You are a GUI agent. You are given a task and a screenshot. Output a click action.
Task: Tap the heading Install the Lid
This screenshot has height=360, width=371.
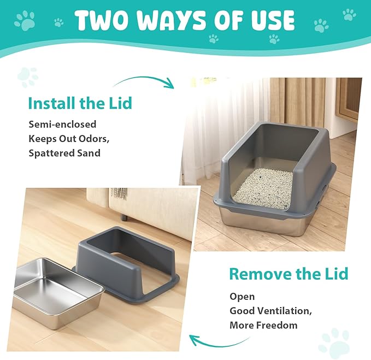80,103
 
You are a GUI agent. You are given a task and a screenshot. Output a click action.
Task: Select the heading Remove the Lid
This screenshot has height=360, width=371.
288,274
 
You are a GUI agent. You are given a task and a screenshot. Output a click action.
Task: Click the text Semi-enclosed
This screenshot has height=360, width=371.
62,124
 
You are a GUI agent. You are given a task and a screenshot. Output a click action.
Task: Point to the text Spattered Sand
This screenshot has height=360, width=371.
64,153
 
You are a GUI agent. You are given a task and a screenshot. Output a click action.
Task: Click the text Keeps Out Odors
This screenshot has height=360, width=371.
68,138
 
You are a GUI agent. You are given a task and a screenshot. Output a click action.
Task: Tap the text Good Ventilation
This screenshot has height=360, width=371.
270,311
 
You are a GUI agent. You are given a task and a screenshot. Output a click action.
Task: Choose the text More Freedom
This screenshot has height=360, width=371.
263,325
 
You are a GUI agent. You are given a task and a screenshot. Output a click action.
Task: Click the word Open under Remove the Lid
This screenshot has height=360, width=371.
242,297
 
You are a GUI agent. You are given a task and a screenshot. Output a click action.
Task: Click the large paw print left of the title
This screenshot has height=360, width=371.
25,21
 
